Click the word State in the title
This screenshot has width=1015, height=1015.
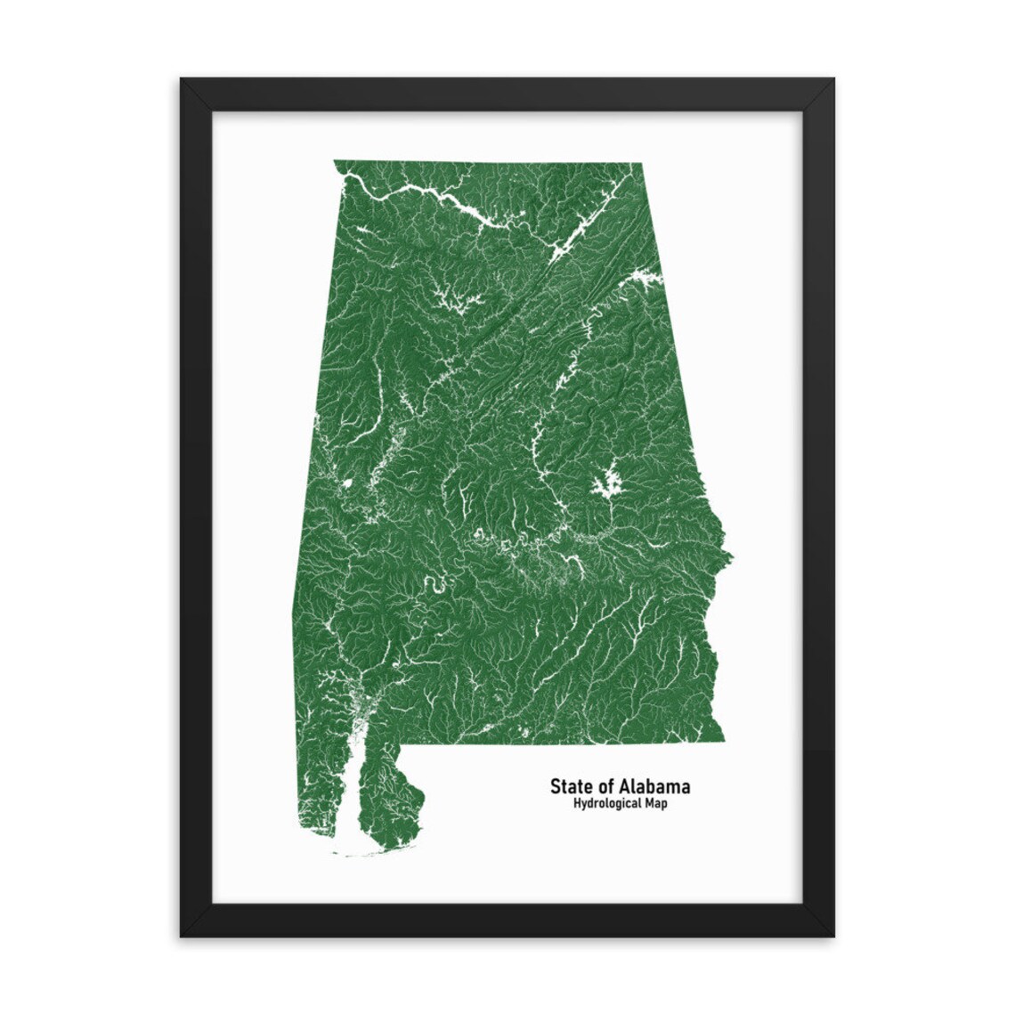(x=570, y=786)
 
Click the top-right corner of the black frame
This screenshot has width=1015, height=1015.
(x=833, y=79)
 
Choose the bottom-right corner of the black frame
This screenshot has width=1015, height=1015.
(x=833, y=936)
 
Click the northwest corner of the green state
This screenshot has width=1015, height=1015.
(x=335, y=161)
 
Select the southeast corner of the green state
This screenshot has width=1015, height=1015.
(x=722, y=737)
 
